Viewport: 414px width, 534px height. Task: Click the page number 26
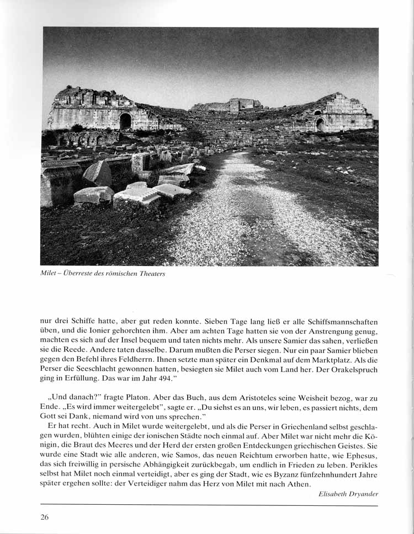[x=45, y=517]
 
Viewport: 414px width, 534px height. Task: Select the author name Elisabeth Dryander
[x=348, y=494]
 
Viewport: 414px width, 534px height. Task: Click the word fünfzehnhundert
[x=322, y=474]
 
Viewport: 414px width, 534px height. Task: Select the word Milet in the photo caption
[x=49, y=274]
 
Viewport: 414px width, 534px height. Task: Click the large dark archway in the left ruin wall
[x=126, y=121]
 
